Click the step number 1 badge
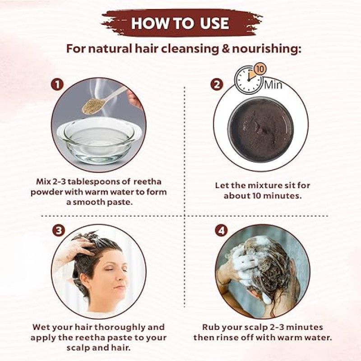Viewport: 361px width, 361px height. click(57, 84)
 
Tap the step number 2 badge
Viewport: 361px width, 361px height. click(217, 84)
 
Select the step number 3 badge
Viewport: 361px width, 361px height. click(59, 230)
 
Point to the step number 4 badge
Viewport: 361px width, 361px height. click(221, 230)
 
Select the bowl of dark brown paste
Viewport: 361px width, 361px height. click(261, 130)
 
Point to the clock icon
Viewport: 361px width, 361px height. click(249, 80)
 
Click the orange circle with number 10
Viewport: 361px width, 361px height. click(259, 69)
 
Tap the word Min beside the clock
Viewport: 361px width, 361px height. click(273, 85)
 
